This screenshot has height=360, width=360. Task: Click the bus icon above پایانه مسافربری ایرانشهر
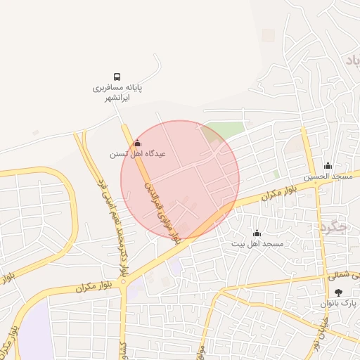click(x=117, y=77)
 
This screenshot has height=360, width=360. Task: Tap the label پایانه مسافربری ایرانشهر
click(x=118, y=93)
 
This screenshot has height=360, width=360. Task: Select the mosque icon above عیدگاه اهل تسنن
click(x=136, y=143)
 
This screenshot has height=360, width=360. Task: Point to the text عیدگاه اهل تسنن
click(x=137, y=153)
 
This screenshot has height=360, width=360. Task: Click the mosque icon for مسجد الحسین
click(x=328, y=166)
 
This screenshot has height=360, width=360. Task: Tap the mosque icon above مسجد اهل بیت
click(x=257, y=233)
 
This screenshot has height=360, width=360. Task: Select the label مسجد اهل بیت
click(x=257, y=243)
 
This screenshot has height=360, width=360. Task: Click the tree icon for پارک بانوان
click(x=339, y=292)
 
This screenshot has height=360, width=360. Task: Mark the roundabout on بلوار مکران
click(x=123, y=283)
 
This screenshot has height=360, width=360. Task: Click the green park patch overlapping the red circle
click(x=222, y=131)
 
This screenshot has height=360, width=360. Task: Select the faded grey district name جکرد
click(x=333, y=226)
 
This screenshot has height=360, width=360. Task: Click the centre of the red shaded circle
click(x=180, y=179)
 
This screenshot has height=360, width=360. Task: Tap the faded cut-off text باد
click(x=352, y=61)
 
